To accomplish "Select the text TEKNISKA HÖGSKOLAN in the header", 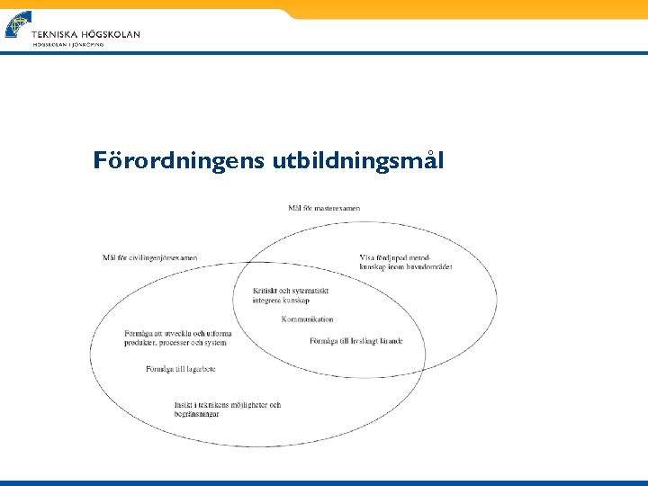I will point(85,34).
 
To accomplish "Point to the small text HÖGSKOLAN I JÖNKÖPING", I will point(67,44).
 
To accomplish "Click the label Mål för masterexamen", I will point(324,208).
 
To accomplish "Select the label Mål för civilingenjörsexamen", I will point(150,258).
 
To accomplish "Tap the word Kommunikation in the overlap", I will point(307,319).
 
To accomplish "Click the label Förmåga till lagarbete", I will point(180,369).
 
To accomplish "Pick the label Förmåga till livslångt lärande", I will point(355,341).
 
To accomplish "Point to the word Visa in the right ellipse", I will point(366,257).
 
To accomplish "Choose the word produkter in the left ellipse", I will point(141,343).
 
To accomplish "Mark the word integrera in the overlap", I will point(268,301).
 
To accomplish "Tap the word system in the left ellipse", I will point(215,343).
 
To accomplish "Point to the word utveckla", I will point(176,334).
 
